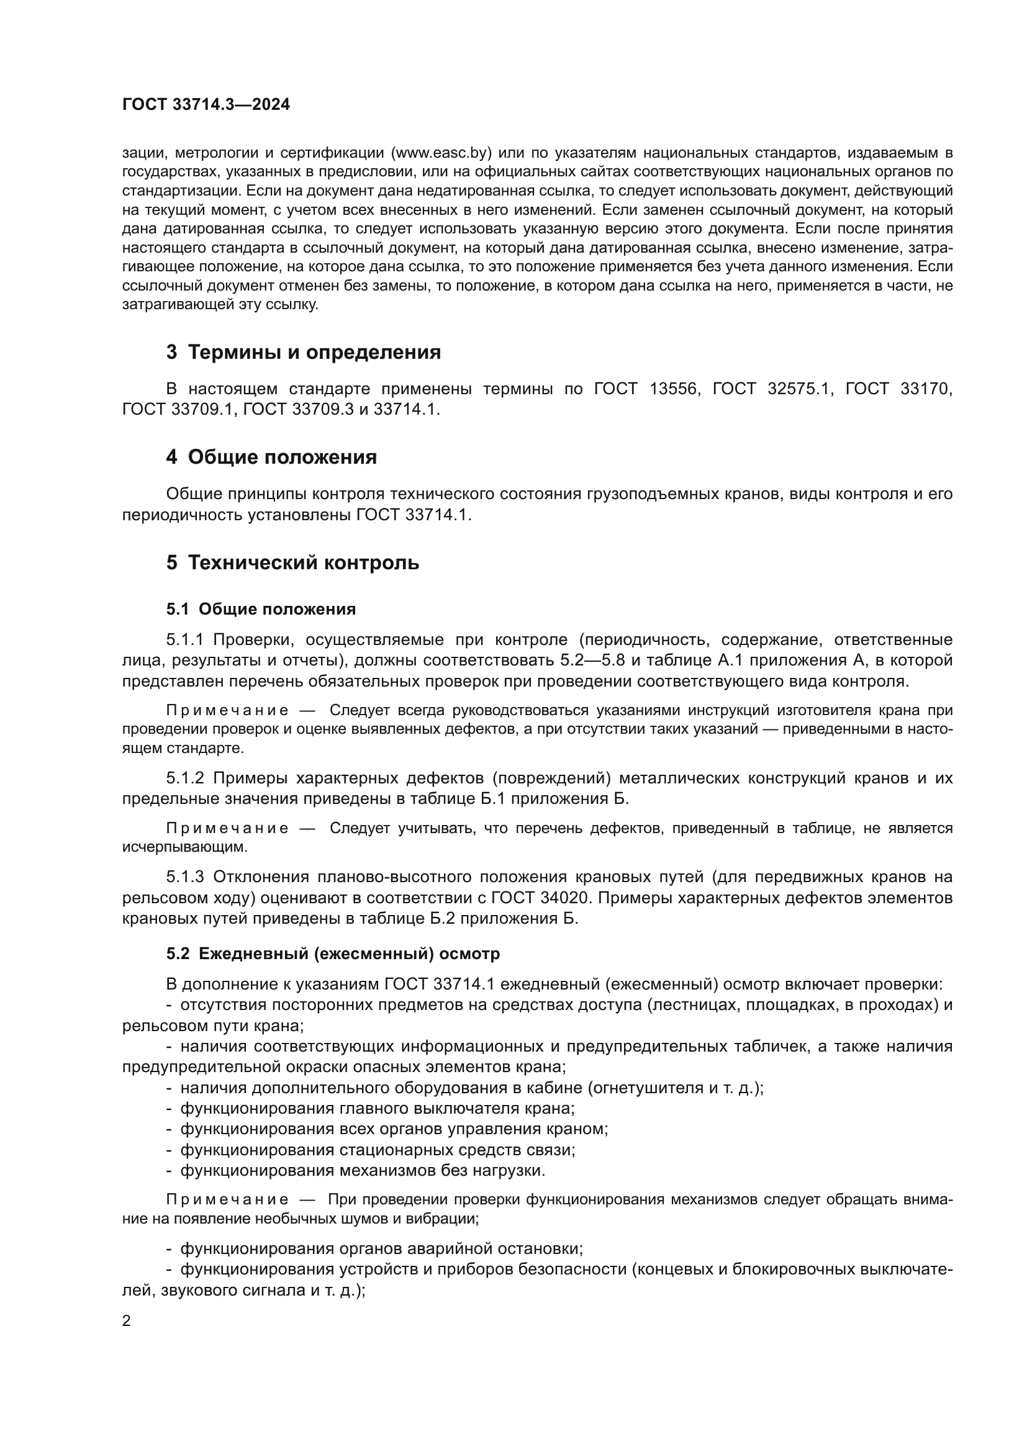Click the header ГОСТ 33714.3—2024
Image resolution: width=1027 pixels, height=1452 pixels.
[206, 104]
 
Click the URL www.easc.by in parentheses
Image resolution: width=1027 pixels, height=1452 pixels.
[441, 153]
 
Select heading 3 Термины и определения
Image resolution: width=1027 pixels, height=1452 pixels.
[304, 352]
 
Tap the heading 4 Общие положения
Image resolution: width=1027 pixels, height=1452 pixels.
[271, 457]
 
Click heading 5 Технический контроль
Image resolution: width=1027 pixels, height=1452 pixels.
[293, 562]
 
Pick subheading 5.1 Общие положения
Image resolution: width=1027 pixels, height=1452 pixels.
[261, 609]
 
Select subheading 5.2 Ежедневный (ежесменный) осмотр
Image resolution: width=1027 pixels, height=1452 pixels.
[333, 954]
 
